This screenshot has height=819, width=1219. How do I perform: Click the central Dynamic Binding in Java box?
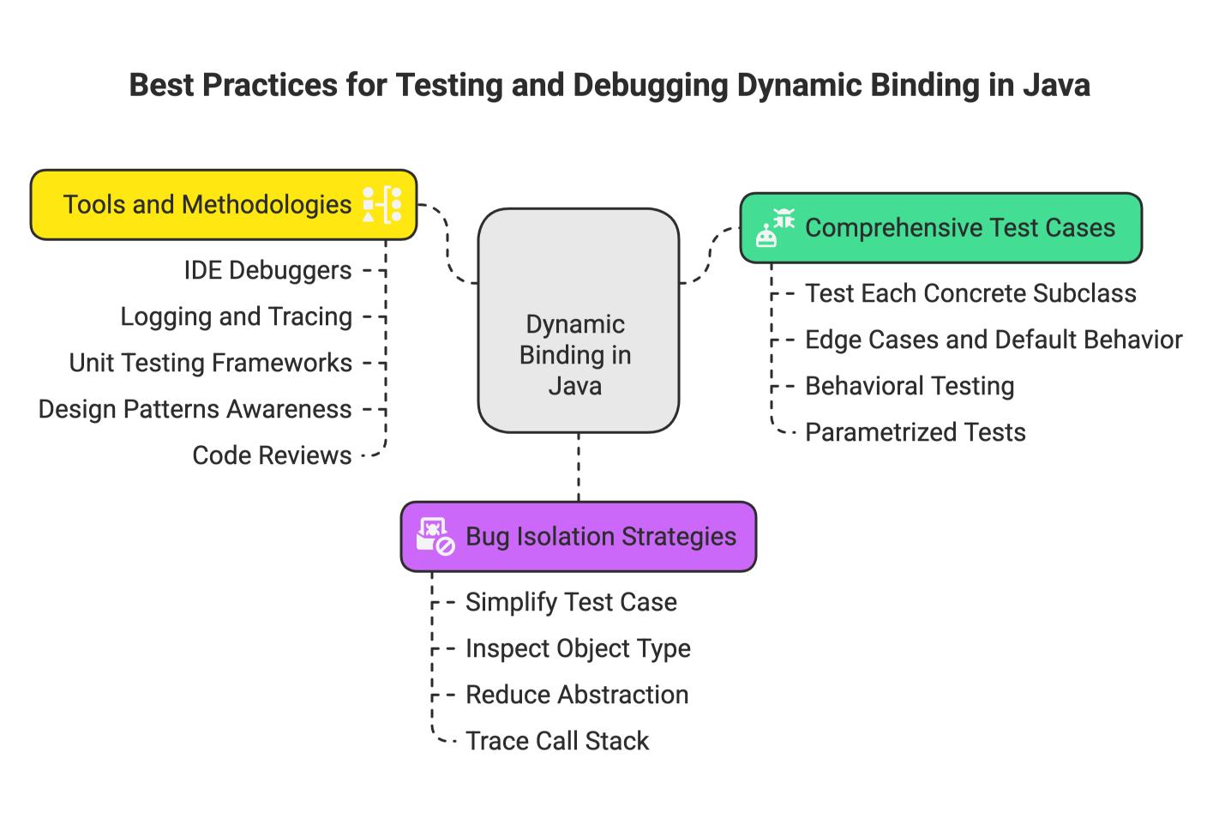[578, 321]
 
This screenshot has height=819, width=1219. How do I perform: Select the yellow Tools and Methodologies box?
[224, 205]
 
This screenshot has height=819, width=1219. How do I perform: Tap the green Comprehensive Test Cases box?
[941, 227]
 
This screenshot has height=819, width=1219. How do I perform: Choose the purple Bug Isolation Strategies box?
[579, 536]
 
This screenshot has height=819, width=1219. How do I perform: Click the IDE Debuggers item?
[267, 271]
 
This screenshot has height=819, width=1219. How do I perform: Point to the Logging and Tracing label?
[237, 317]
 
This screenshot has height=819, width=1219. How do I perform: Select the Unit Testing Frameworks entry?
[211, 364]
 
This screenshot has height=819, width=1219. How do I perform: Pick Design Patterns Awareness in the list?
[195, 410]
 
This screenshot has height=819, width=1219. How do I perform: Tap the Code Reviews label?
[272, 455]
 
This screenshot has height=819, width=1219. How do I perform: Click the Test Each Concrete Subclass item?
[971, 293]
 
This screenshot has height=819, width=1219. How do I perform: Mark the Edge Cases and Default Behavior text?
[994, 340]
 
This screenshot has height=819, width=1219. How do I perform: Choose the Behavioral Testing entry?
[910, 386]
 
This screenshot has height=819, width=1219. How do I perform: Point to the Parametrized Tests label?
[916, 432]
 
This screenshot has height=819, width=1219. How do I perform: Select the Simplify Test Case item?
[572, 602]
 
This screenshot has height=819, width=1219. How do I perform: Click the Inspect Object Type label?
[578, 648]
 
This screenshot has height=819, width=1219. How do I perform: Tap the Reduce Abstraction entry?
[578, 695]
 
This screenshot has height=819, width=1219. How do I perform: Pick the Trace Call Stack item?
[557, 741]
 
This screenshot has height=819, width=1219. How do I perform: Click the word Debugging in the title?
[651, 86]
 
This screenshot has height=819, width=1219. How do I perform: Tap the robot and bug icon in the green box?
[775, 227]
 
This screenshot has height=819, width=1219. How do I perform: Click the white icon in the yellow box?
[382, 205]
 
